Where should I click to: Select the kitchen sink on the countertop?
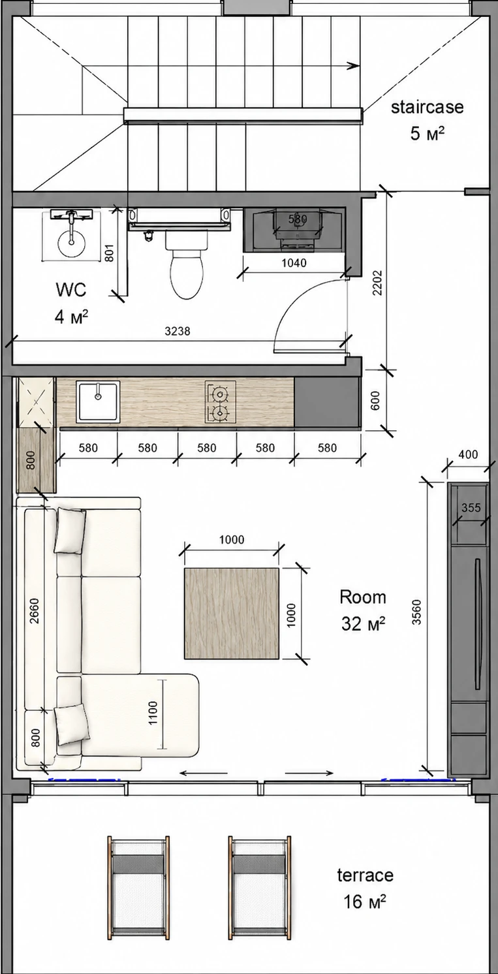point(98,401)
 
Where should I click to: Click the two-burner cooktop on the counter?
point(220,402)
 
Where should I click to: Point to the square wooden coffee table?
point(232,614)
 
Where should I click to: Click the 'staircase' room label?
point(427,107)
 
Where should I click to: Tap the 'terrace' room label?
point(365,875)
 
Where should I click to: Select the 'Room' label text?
point(363,597)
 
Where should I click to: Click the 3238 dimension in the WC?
point(178,332)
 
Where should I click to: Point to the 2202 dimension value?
point(377,283)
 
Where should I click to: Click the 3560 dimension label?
point(416,612)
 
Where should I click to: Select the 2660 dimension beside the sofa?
point(35,611)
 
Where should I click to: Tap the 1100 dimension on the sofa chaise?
point(153,713)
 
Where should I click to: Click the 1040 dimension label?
point(294,263)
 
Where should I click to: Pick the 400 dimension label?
point(468,454)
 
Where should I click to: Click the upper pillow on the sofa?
point(70,531)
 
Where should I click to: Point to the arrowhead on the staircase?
point(354,66)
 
